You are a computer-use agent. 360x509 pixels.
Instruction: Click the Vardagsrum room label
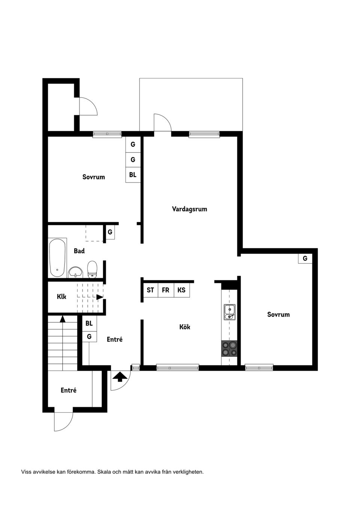(189, 209)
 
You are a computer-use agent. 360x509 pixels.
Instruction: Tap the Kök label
(184, 327)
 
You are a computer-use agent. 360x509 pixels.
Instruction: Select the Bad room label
(79, 251)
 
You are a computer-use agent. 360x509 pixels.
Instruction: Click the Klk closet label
(61, 296)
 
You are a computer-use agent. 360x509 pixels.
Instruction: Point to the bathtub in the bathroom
(58, 257)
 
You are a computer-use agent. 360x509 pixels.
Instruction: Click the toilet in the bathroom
(92, 269)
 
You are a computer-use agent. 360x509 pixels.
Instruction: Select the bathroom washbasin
(76, 271)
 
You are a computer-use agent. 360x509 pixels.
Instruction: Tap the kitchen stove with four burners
(229, 349)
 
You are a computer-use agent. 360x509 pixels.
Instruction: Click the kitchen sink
(229, 312)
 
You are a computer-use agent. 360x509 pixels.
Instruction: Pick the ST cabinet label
(150, 290)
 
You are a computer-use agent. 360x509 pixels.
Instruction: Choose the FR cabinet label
(165, 290)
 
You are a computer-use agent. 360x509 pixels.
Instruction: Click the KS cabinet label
(181, 290)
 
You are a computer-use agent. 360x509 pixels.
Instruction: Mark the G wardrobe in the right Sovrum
(305, 258)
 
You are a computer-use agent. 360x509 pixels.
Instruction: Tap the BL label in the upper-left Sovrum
(133, 175)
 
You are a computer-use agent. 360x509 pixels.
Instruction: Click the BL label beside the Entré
(89, 323)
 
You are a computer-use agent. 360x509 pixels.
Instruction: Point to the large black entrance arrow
(120, 376)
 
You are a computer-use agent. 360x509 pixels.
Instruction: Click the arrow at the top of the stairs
(63, 319)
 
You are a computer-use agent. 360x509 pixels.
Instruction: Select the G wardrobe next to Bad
(110, 232)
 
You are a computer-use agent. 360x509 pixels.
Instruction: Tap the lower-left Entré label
(69, 390)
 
